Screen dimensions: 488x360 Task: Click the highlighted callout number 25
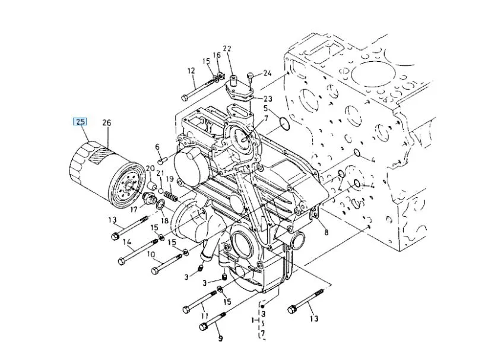[x=80, y=121]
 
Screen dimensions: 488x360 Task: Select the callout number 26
[x=107, y=123]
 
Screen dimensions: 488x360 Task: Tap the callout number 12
[x=191, y=71]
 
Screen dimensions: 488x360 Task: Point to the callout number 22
[x=227, y=49]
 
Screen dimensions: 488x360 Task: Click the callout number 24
[x=267, y=73]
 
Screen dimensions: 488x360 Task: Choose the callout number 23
[x=268, y=99]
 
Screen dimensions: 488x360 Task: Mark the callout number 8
[x=326, y=232]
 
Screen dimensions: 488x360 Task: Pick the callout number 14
[x=127, y=242]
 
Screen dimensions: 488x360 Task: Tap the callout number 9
[x=220, y=338]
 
